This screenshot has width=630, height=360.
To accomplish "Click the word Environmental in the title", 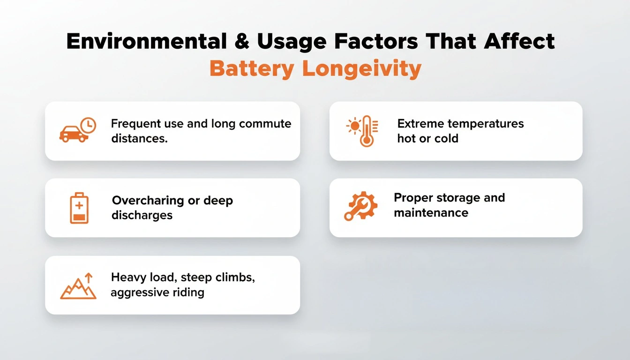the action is click(x=147, y=41).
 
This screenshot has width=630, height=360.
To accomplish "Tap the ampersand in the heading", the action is click(x=241, y=41).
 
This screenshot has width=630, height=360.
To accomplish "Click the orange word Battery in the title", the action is click(x=252, y=68).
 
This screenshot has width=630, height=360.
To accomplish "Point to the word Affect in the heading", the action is click(x=519, y=41).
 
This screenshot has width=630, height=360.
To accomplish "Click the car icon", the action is click(x=74, y=134).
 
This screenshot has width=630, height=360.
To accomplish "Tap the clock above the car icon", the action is click(x=88, y=125).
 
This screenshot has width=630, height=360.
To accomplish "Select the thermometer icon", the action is click(x=367, y=131).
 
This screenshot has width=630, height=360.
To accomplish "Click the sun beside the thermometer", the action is click(x=354, y=126).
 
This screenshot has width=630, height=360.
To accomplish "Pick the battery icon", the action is click(x=79, y=208).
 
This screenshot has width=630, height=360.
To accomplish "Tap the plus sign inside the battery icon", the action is click(x=79, y=206).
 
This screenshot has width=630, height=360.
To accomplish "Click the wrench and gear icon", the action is click(x=361, y=206).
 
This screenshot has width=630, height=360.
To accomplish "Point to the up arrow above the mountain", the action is click(x=89, y=277).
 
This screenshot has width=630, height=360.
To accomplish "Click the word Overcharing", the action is click(x=148, y=201).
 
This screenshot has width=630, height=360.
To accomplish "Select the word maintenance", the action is click(x=431, y=213).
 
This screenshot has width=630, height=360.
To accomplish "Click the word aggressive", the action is click(x=140, y=293).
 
